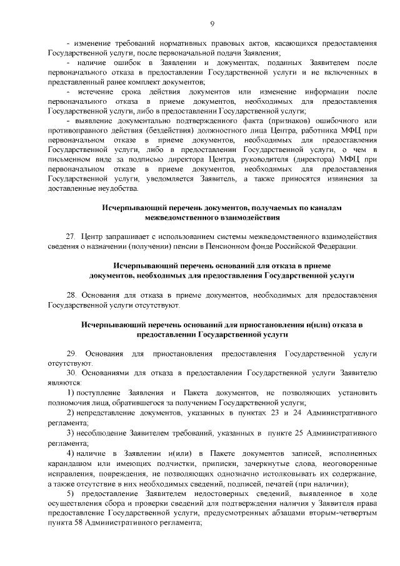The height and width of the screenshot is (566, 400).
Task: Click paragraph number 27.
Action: [x=71, y=236]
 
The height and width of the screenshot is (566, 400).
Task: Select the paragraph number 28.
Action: [x=71, y=293]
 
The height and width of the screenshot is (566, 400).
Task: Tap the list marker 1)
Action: [x=71, y=393]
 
